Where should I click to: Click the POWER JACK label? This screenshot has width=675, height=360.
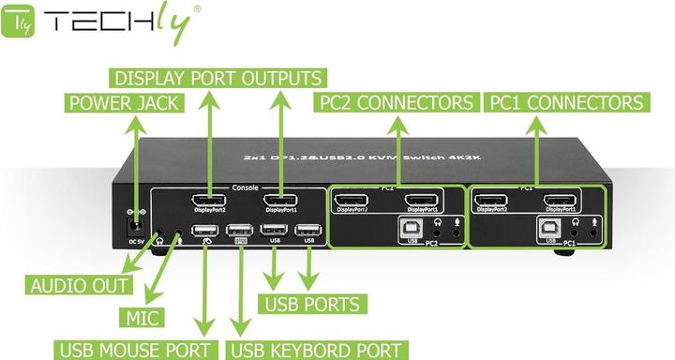coord(123,102)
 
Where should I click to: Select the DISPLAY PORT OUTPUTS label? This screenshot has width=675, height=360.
coord(217,77)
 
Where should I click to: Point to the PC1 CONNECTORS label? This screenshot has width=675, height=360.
coord(566,102)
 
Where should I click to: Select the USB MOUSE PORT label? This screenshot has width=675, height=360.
coord(136,350)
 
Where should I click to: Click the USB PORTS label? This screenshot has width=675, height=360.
coord(312,304)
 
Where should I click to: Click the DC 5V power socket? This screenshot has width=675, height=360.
coord(135,224)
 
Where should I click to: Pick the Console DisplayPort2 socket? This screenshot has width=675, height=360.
coord(208,202)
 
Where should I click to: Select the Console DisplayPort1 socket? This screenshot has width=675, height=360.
coord(279,201)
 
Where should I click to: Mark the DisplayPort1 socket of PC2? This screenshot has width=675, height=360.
coord(422,200)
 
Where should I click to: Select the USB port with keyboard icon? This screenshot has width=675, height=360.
coord(240,231)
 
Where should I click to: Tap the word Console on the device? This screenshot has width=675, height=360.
coord(245,187)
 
